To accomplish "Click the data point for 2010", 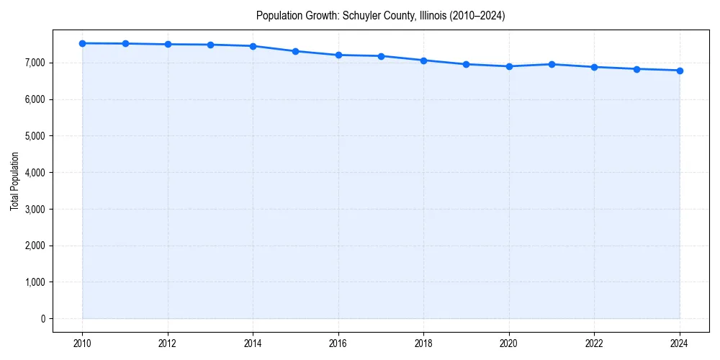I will point(83,43).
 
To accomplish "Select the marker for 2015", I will point(296,51).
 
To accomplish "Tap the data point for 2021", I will point(552,64).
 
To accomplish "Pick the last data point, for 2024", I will point(680,71).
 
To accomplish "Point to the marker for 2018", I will point(424,60).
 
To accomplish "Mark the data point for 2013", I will point(210,45).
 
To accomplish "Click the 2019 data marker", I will point(467,64).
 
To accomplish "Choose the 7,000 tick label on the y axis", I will point(33,63).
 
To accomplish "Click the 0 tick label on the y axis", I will point(42,318).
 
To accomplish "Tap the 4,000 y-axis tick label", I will point(33,173).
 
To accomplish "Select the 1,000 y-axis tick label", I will point(33,282).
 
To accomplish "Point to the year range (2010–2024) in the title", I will point(480,15).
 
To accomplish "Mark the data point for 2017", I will point(381,56).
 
